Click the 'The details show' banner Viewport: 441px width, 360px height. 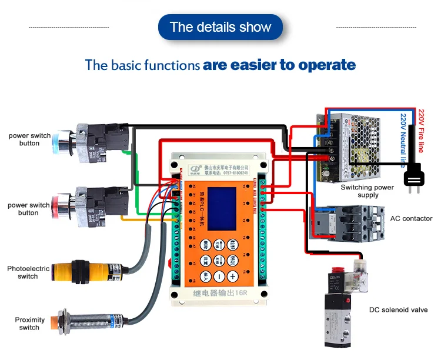[220, 27]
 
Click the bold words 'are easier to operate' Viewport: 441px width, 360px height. [279, 65]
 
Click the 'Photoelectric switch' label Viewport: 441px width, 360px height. [28, 272]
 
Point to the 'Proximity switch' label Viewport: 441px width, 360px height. [29, 324]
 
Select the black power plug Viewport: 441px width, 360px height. [415, 175]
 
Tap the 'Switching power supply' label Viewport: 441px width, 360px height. [367, 191]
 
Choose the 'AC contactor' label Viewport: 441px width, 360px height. [411, 219]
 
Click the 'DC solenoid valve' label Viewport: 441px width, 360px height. [398, 310]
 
